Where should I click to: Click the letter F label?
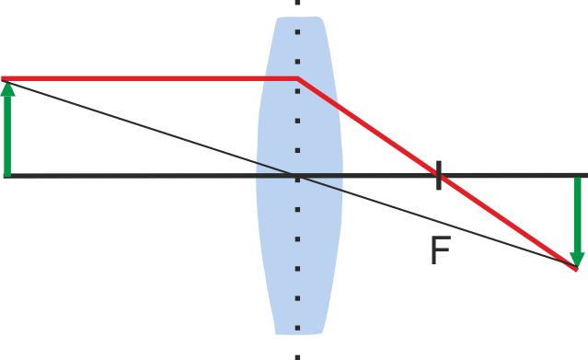pyautogui.click(x=440, y=250)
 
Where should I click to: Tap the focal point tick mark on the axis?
pyautogui.click(x=439, y=174)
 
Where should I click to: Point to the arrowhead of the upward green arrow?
pyautogui.click(x=8, y=89)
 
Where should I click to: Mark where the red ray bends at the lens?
pyautogui.click(x=297, y=79)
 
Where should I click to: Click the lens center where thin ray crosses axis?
pyautogui.click(x=297, y=175)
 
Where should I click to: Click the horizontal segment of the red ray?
pyautogui.click(x=147, y=79)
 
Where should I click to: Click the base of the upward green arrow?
pyautogui.click(x=8, y=173)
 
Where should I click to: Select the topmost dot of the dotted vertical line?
pyautogui.click(x=297, y=3)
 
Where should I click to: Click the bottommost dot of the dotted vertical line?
pyautogui.click(x=297, y=355)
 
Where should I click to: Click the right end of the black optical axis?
pyautogui.click(x=584, y=175)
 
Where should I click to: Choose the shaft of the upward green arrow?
pyautogui.click(x=8, y=134)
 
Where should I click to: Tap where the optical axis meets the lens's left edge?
pyautogui.click(x=257, y=175)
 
